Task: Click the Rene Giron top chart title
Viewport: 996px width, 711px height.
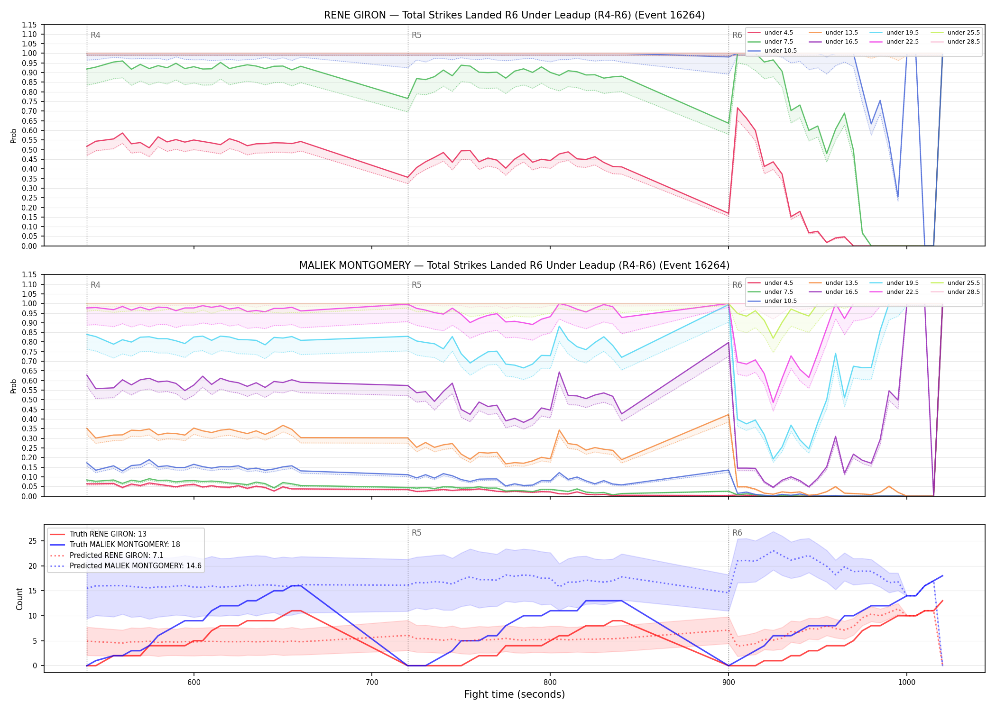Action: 514,15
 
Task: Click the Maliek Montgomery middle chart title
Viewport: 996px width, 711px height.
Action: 514,265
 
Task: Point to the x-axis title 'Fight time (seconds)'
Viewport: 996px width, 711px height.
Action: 515,694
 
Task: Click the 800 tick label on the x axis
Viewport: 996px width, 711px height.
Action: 550,683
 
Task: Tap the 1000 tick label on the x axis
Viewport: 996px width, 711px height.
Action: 907,683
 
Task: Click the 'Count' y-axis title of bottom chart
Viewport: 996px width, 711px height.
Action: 19,599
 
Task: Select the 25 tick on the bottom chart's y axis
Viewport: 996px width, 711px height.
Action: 33,541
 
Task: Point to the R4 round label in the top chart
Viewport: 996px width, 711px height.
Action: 95,35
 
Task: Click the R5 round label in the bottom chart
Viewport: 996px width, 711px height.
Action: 416,533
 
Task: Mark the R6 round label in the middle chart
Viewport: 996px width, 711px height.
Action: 737,285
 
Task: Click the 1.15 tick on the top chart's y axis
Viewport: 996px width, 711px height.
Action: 29,25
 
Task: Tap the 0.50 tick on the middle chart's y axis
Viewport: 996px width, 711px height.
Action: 29,400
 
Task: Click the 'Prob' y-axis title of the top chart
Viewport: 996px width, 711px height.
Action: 14,136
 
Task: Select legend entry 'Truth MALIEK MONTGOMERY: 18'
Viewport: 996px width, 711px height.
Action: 125,545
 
